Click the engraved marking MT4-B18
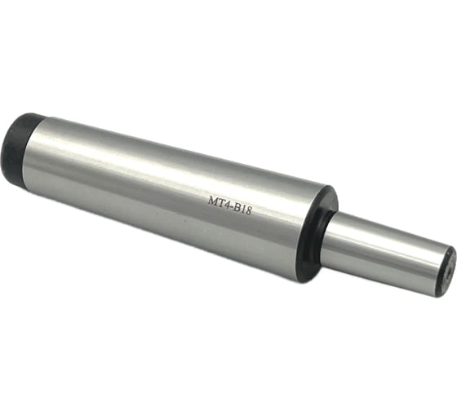pyautogui.click(x=229, y=205)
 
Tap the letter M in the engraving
pyautogui.click(x=212, y=201)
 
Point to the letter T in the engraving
pyautogui.click(x=220, y=202)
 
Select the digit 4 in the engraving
pyautogui.click(x=227, y=204)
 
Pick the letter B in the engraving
pyautogui.click(x=237, y=207)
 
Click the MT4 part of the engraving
pyautogui.click(x=219, y=202)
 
